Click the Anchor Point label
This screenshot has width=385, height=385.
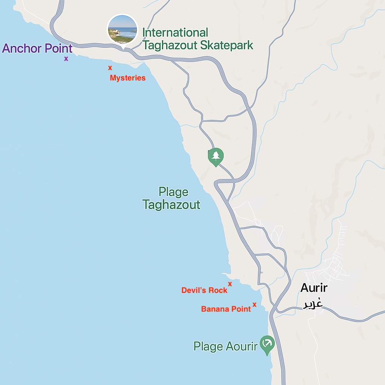(x=37, y=49)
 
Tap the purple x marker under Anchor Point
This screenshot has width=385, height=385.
(x=66, y=59)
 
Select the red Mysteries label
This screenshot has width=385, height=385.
(x=127, y=78)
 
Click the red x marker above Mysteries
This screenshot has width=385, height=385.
(x=110, y=68)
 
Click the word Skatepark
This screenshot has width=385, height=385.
(x=227, y=46)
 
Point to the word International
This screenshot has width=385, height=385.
(x=175, y=33)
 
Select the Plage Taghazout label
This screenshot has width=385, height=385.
(x=171, y=199)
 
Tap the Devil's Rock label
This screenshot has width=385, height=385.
(x=204, y=290)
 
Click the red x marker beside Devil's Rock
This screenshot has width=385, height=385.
(x=230, y=284)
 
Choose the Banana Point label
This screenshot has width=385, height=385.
(x=226, y=309)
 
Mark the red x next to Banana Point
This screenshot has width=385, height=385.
(x=255, y=305)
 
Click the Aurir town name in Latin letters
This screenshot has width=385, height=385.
(x=314, y=288)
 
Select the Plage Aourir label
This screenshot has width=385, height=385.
(x=225, y=346)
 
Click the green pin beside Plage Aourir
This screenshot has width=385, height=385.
(x=267, y=344)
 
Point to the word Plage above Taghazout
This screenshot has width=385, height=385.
(x=173, y=192)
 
